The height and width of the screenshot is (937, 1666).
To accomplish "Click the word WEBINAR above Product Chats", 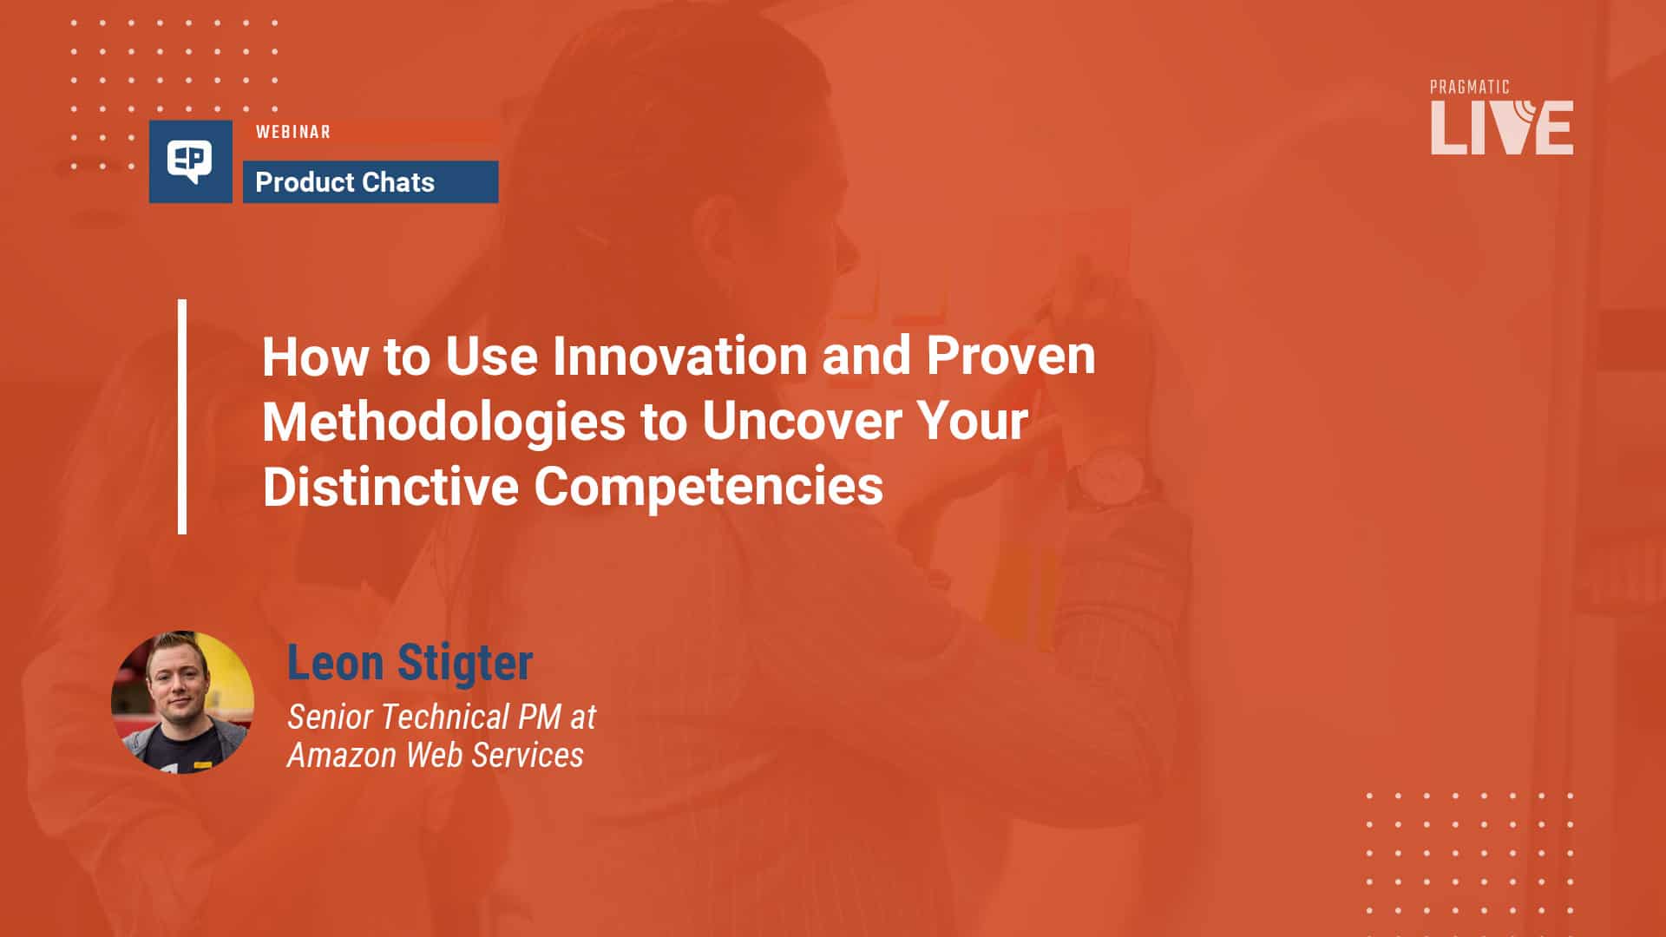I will click(x=292, y=132).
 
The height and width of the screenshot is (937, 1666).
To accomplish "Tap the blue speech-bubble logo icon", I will click(x=190, y=161).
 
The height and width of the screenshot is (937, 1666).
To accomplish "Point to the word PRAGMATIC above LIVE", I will click(x=1469, y=87).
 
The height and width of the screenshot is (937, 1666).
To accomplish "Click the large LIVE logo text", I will click(x=1501, y=128).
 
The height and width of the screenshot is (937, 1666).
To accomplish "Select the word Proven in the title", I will click(x=1010, y=356).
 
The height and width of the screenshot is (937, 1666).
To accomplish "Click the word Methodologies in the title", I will click(x=443, y=422).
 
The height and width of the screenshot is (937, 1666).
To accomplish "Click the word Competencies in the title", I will click(x=708, y=486).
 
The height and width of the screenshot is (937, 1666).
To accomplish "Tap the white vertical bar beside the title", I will click(x=182, y=416).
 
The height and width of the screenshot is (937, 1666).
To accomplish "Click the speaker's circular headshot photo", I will click(x=182, y=701).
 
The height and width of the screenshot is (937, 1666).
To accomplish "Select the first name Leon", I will click(x=335, y=663).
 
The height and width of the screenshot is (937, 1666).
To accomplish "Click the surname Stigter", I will click(x=464, y=663).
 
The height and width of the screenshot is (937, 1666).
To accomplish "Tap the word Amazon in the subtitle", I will click(x=342, y=756).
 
